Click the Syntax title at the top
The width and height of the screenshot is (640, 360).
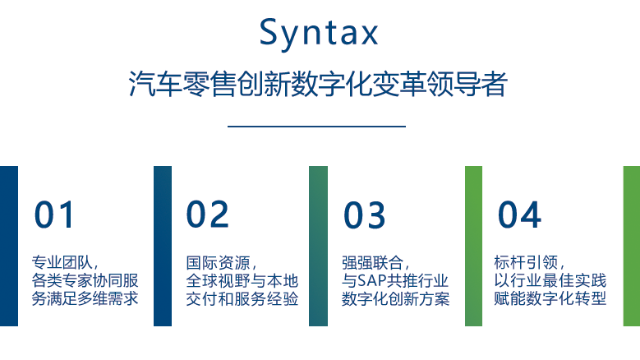coord(319,34)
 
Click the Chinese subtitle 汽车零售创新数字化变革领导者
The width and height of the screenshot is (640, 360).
coord(318,84)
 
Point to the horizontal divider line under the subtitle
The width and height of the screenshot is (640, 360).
coord(317,127)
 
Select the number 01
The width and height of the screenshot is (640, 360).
coord(54,215)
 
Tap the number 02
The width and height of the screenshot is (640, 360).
coord(207,215)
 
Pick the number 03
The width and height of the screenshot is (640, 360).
coord(364,215)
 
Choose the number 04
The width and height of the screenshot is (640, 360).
coord(519,215)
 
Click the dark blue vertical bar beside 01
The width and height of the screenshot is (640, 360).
coord(9,246)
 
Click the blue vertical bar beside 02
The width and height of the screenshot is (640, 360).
coord(163,246)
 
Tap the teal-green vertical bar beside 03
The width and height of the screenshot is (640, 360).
coord(319,246)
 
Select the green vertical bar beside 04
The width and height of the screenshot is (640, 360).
coord(473,246)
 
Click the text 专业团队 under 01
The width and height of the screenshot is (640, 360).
coord(62,262)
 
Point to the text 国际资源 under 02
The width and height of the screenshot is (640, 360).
coord(218,262)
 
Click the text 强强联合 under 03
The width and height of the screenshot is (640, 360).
coord(372,262)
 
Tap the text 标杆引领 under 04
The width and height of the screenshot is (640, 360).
coord(526,262)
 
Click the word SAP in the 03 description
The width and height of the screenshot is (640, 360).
coord(372,281)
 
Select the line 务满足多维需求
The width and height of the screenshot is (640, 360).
coord(85,299)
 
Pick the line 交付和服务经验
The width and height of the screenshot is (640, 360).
coord(242,299)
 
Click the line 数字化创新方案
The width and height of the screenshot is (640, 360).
coord(395,299)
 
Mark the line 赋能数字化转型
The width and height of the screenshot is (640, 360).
coord(550,299)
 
